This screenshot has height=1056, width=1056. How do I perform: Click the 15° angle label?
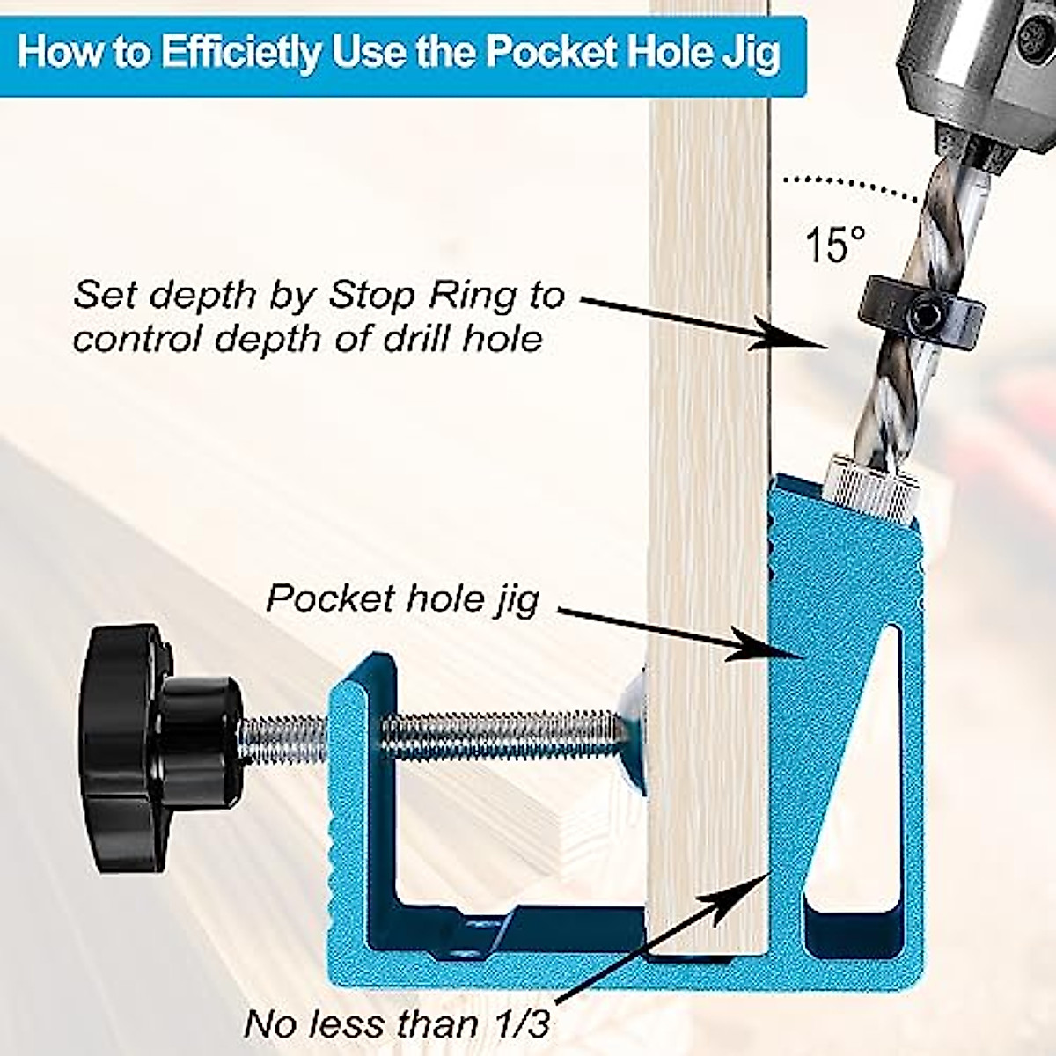click(835, 244)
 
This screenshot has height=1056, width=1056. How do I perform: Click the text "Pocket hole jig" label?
click(402, 599)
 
